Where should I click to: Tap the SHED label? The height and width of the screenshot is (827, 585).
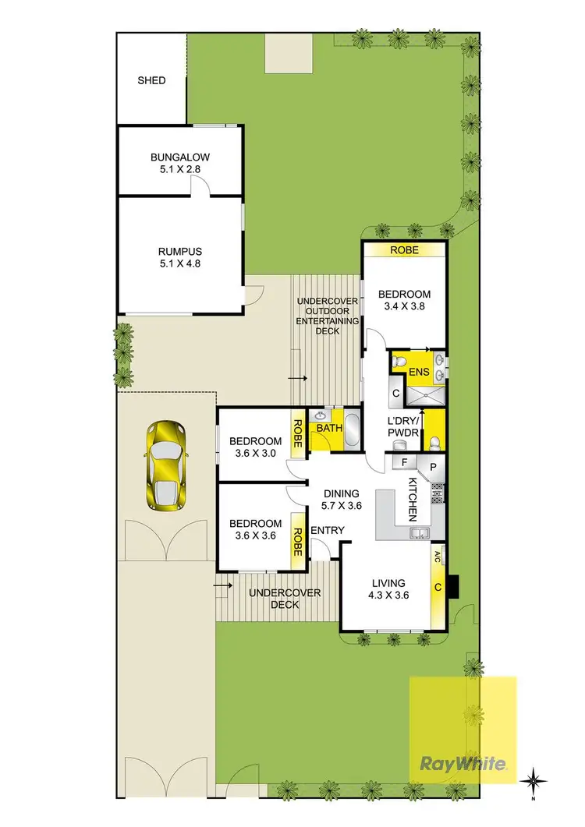[x=151, y=80]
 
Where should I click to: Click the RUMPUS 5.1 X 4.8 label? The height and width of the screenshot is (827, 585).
[x=180, y=257]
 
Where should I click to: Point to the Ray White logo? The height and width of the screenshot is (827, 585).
[x=463, y=763]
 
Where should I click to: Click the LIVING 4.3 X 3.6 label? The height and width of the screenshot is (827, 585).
[x=388, y=588]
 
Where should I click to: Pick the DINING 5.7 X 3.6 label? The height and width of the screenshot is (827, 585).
[x=342, y=499]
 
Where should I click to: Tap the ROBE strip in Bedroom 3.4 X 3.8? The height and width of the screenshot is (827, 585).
[x=405, y=250]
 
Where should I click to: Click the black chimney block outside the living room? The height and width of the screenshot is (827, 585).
[x=454, y=585]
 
